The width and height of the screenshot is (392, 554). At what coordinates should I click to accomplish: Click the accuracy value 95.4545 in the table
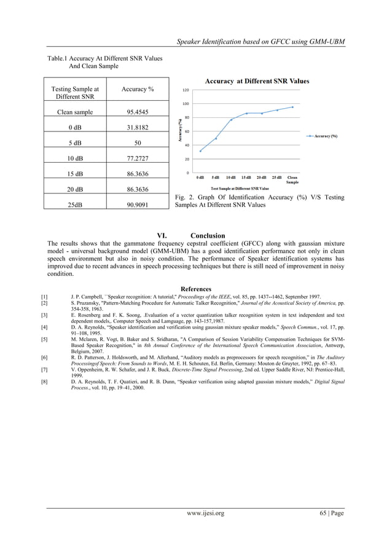pos(137,112)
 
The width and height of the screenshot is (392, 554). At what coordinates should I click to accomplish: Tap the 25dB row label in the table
pos(74,205)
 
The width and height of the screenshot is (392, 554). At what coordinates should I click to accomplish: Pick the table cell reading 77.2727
pos(137,158)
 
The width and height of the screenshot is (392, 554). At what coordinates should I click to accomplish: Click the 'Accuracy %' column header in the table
pos(137,89)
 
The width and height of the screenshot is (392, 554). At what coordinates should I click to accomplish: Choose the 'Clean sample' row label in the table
pos(74,112)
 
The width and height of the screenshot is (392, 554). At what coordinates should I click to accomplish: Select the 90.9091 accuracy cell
pos(137,205)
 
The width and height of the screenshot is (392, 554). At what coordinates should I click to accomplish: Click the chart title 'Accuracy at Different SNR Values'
pos(257,81)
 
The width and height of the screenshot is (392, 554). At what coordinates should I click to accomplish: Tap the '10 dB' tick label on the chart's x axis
pos(231,178)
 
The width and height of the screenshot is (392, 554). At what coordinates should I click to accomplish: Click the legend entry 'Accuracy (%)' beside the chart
pos(325,136)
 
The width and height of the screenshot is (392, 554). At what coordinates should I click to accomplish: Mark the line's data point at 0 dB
pos(200,151)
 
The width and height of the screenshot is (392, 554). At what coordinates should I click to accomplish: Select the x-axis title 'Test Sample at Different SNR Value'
pos(240,188)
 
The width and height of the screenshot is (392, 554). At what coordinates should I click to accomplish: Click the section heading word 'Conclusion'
pos(208,236)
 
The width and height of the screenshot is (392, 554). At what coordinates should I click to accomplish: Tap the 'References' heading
pos(196,289)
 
